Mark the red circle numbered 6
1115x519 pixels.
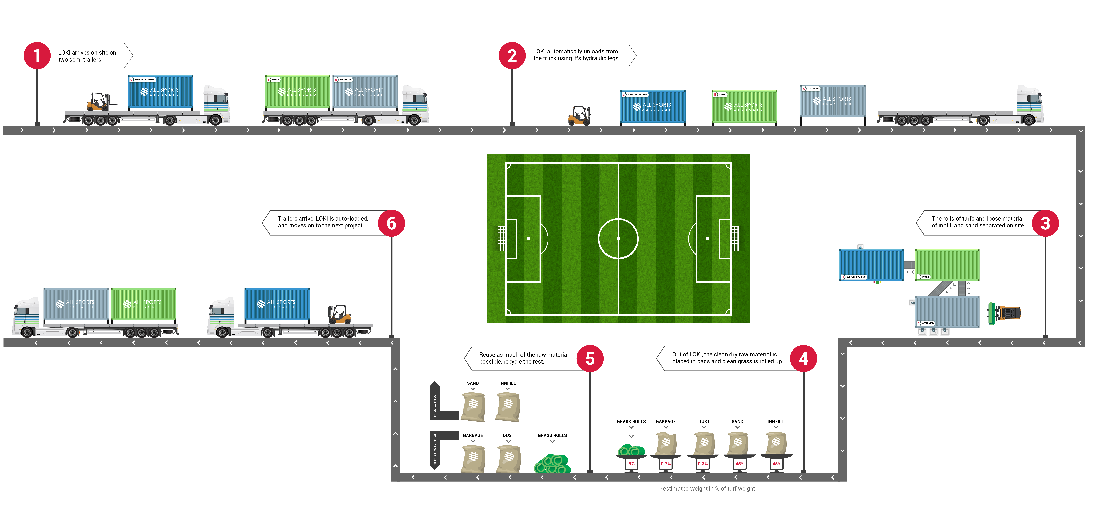click(x=391, y=223)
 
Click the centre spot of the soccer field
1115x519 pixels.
click(x=618, y=238)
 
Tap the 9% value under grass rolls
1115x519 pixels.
click(x=632, y=464)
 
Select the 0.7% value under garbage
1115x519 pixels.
click(x=666, y=464)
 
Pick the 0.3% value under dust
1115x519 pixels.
click(x=703, y=464)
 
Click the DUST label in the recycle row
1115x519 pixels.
click(x=509, y=435)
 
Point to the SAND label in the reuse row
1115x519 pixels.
click(x=473, y=383)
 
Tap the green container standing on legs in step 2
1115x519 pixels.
click(x=744, y=107)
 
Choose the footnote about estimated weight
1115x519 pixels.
click(x=708, y=489)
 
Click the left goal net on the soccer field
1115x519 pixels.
click(x=501, y=238)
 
